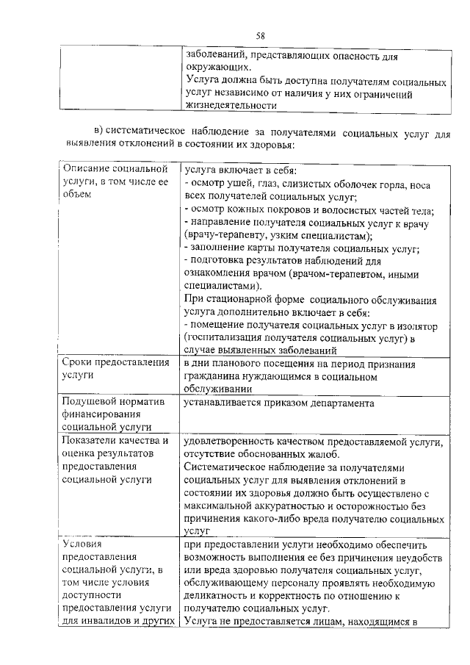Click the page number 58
[x=261, y=35]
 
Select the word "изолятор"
[x=414, y=325]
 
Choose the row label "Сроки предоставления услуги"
[x=115, y=369]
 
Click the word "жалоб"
[x=320, y=453]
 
